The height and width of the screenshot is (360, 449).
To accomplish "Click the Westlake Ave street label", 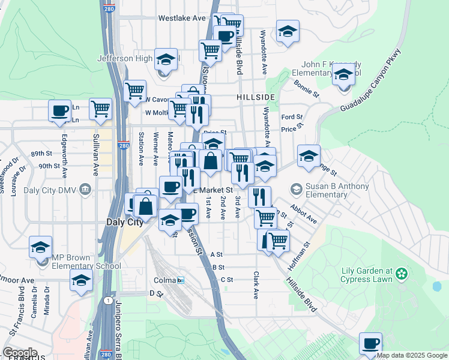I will click(182, 19).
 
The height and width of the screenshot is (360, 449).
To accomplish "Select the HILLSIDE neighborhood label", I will click(255, 97).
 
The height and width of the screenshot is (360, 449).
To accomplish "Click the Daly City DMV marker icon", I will click(85, 190).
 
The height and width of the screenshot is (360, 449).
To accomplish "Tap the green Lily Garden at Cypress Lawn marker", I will click(400, 275).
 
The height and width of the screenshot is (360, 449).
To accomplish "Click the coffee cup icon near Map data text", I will click(370, 344).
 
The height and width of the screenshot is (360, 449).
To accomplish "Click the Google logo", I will click(20, 353).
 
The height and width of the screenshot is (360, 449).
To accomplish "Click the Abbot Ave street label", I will click(303, 212).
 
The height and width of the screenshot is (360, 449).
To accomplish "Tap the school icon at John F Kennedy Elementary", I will click(344, 76).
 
